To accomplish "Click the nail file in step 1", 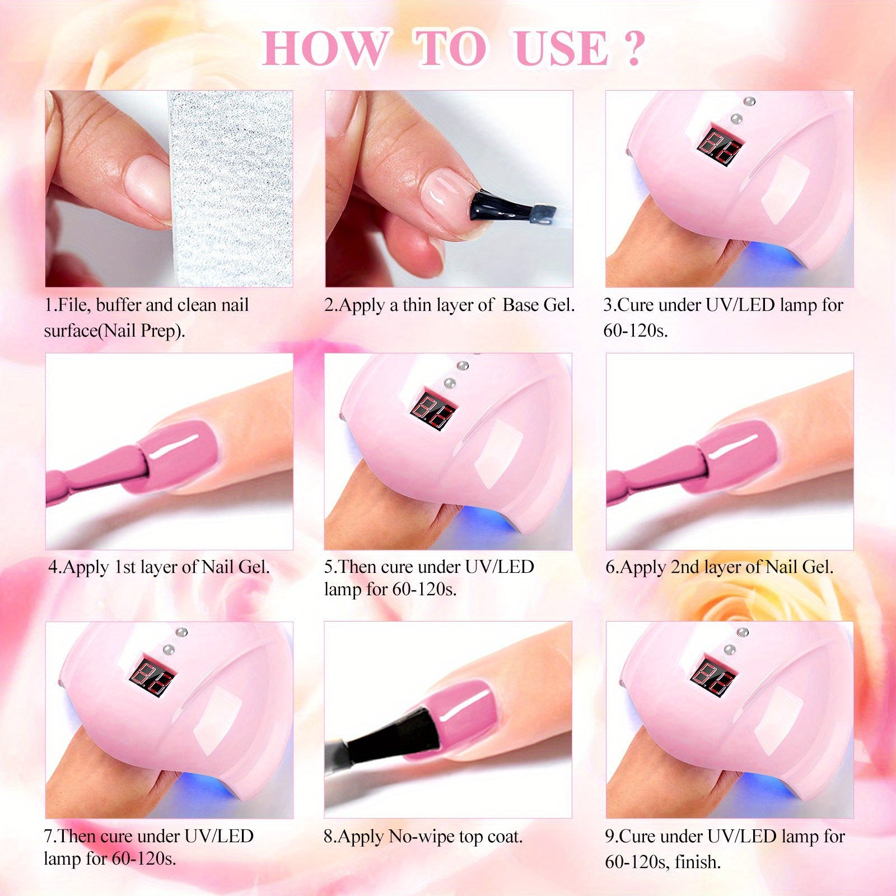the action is point(230,189).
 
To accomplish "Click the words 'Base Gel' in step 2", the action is point(539,305).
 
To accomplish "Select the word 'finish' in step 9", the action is point(697,861).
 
